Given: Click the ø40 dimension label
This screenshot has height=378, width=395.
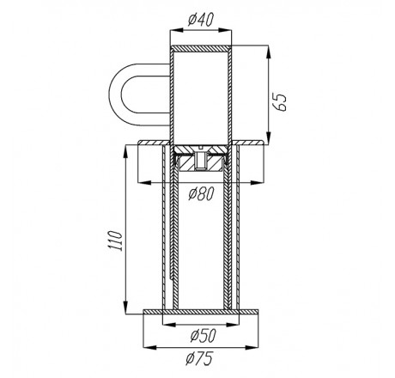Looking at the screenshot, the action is [x=201, y=20].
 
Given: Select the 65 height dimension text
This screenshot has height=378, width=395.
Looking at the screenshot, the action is [x=278, y=101].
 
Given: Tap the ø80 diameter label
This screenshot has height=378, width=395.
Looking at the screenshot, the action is [x=202, y=194].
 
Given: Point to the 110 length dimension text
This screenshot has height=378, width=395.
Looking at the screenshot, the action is [x=117, y=241].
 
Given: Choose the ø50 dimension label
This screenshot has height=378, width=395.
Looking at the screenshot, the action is [x=204, y=336].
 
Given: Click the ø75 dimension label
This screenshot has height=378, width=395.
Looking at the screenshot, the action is [x=199, y=358].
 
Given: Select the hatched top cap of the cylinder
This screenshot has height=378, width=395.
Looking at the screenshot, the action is [x=201, y=48].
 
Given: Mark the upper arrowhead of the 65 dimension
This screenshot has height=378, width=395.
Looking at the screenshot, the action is [x=268, y=52].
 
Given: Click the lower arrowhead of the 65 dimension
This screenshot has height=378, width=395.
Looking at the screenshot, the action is [x=268, y=138].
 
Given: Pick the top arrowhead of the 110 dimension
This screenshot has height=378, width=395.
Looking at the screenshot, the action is [x=125, y=152].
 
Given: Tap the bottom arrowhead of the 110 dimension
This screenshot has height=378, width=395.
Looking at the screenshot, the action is [x=125, y=308].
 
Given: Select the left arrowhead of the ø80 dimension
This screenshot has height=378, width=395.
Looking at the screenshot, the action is [x=145, y=182].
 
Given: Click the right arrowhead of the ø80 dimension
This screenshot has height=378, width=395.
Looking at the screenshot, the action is [x=257, y=182].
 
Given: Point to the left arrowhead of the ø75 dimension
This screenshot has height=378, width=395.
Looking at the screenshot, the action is [x=150, y=347].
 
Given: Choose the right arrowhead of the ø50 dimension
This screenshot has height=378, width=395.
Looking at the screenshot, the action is [x=232, y=325].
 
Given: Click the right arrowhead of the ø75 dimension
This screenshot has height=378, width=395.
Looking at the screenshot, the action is [x=252, y=347].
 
